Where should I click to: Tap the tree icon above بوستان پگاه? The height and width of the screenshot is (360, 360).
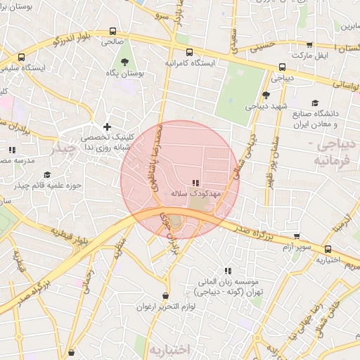[125, 61]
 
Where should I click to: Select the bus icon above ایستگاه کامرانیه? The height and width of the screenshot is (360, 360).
[189, 52]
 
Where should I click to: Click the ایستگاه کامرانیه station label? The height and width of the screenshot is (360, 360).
[190, 63]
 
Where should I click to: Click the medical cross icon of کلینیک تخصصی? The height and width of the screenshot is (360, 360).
[107, 127]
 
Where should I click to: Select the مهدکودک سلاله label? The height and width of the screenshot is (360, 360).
[196, 192]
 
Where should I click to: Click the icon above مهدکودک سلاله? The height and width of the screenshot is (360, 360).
[195, 182]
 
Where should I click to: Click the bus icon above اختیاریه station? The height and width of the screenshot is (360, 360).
[328, 249]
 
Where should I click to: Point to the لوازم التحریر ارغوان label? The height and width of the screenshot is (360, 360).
[165, 307]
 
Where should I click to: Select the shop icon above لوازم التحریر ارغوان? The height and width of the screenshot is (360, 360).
[165, 296]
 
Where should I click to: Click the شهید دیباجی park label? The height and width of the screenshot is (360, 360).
[265, 107]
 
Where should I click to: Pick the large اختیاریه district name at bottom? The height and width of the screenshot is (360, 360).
[169, 349]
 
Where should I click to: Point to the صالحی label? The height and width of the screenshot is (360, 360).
[111, 42]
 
